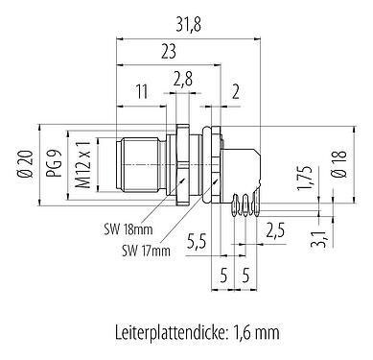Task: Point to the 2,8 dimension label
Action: (x=183, y=77)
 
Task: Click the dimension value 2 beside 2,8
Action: (x=237, y=93)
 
